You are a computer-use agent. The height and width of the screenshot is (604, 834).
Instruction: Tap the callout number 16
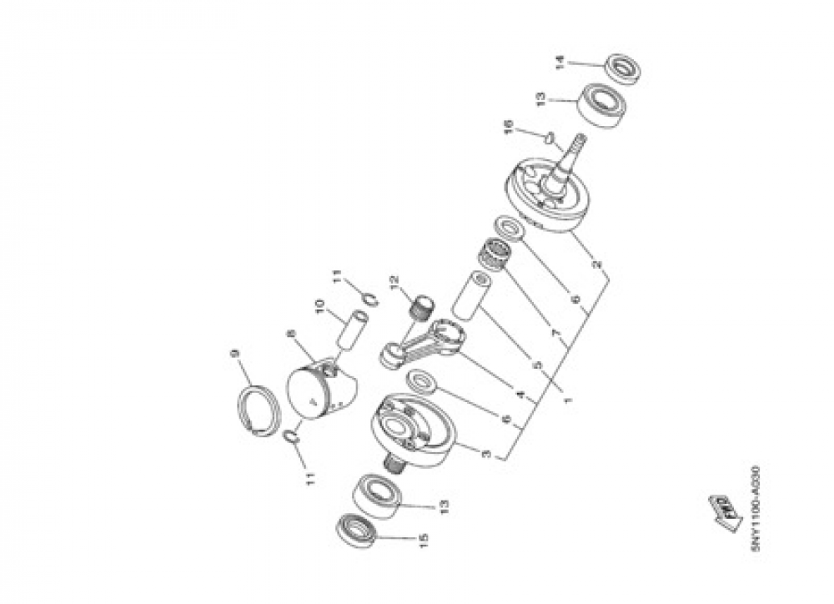point(508,128)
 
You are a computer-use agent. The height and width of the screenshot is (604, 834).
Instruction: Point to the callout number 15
point(424,541)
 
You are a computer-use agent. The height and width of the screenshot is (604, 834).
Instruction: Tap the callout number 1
point(570,400)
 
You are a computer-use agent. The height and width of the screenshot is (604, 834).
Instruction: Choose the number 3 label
point(487,454)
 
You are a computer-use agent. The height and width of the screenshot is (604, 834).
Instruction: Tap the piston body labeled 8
point(321,392)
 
